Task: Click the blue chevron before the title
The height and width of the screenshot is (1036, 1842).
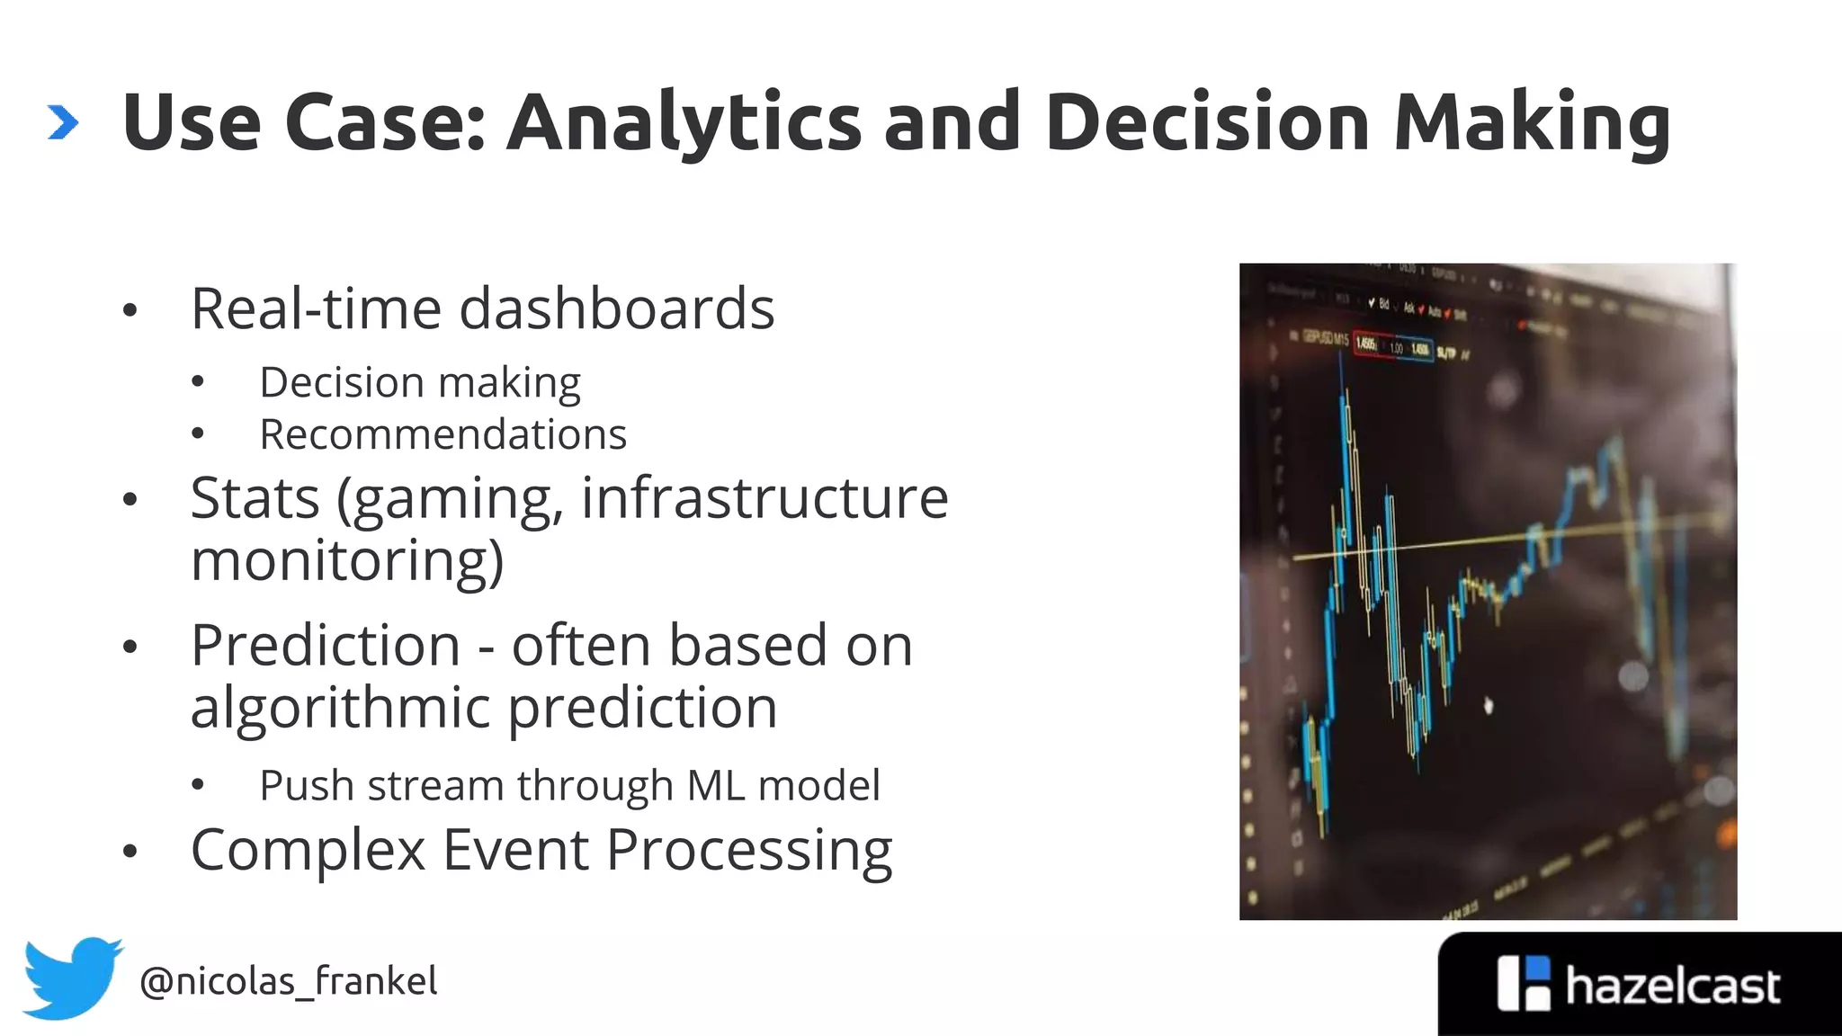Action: coord(63,123)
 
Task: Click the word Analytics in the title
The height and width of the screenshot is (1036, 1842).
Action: coord(684,123)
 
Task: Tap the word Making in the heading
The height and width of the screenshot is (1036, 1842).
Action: coord(1531,123)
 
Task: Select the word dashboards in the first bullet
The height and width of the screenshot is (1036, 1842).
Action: coord(616,308)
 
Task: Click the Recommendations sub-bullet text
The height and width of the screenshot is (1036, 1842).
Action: coord(443,434)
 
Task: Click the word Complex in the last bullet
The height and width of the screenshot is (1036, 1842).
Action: coord(308,850)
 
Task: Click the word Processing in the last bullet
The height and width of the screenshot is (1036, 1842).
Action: coord(748,850)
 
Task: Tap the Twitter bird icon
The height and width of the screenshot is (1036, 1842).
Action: coord(72,978)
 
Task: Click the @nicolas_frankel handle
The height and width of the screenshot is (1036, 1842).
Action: coord(288,981)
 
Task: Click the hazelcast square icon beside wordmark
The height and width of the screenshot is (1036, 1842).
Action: coord(1523,983)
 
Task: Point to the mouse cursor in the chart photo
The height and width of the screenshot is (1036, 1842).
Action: coord(1488,705)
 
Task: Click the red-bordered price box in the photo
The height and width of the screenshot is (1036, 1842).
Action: coord(1366,345)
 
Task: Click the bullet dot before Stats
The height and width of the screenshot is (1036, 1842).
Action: coord(130,499)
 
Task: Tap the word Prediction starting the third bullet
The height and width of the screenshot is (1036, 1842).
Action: coord(326,646)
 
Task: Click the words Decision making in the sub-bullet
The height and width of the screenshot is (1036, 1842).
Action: coord(420,383)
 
